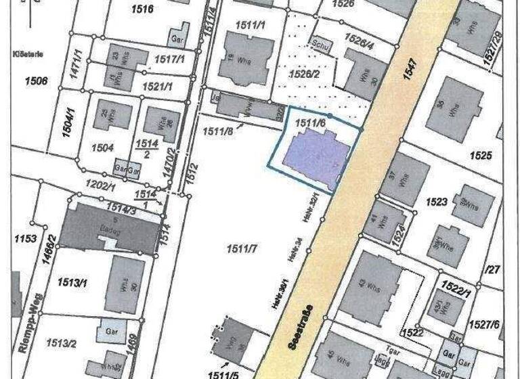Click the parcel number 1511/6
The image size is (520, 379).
(x=312, y=123)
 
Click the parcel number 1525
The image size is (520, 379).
(x=480, y=156)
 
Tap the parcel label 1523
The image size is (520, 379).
(x=437, y=202)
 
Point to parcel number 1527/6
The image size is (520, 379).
(x=498, y=326)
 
